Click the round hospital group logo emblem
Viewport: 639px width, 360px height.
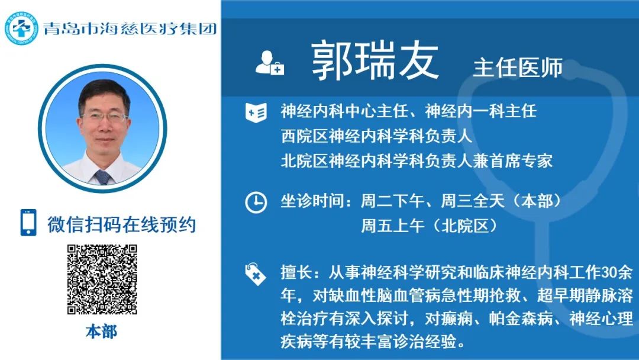coord(21,28)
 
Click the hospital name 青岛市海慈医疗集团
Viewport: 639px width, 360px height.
coord(130,28)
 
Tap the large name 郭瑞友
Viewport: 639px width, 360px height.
coord(375,61)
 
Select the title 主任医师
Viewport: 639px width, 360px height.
coord(518,67)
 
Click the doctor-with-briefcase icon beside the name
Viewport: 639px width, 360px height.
coord(269,63)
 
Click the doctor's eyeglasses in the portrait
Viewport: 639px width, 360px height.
coord(104,117)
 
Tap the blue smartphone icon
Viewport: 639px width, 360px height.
coord(28,223)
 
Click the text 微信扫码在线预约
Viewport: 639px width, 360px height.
coord(121,224)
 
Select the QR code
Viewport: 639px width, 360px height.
coord(102,279)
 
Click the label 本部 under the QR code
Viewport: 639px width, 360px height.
coord(101,332)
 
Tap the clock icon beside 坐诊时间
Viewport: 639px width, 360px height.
coord(256,202)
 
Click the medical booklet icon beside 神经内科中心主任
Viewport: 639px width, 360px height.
coord(256,112)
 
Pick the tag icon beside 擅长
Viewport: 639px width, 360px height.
coord(256,274)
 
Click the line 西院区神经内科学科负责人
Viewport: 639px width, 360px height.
coord(376,136)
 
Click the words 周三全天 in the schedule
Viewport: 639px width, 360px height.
coord(473,201)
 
